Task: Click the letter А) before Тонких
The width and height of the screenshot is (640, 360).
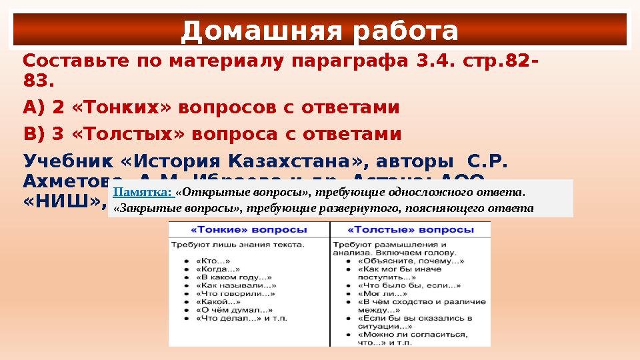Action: (35, 107)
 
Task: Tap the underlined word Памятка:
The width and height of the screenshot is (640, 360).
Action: (143, 192)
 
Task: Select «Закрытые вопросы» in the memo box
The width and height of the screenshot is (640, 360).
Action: (178, 207)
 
